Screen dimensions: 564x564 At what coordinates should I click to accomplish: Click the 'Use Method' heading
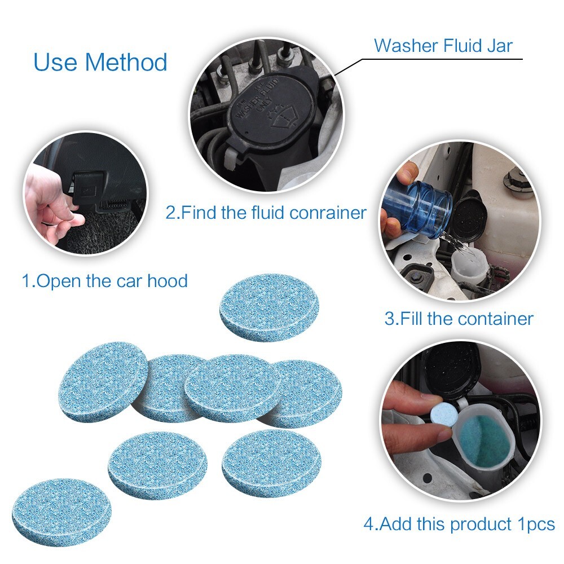click(100, 62)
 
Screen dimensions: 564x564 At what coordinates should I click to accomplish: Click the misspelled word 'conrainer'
click(328, 213)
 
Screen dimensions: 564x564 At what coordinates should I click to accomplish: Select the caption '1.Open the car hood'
click(104, 280)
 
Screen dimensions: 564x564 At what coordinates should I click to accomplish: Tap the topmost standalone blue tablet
click(269, 307)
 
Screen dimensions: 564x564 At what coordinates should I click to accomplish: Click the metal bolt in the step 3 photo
click(516, 179)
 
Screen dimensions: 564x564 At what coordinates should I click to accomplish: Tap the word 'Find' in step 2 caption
click(201, 213)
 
